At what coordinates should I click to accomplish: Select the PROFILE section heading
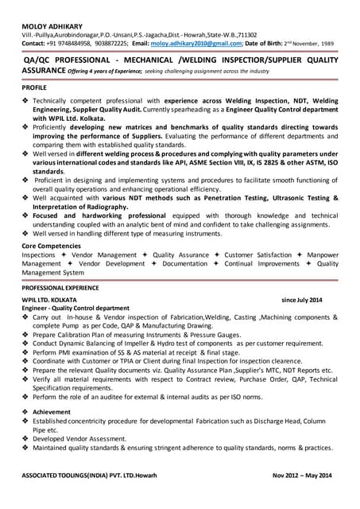pos(34,87)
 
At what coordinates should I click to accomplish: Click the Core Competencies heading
pos(52,246)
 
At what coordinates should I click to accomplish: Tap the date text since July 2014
pos(303,300)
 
